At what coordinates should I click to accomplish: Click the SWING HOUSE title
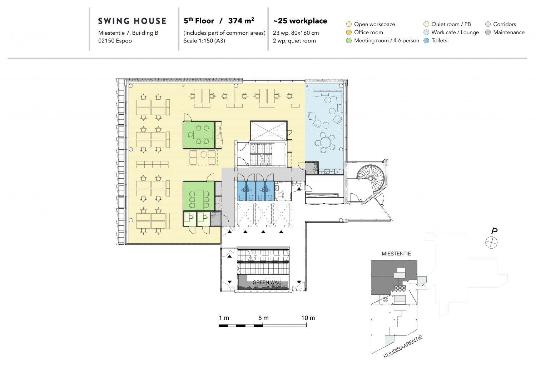pyautogui.click(x=132, y=21)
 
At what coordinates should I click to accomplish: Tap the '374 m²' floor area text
pyautogui.click(x=241, y=21)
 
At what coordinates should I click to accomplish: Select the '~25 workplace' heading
pyautogui.click(x=300, y=21)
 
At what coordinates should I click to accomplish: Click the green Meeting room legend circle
pyautogui.click(x=349, y=41)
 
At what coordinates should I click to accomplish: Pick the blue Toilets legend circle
pyautogui.click(x=426, y=41)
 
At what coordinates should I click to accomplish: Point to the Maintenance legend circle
pyautogui.click(x=488, y=32)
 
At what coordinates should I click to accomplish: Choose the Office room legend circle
pyautogui.click(x=349, y=32)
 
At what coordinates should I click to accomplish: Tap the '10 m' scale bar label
pyautogui.click(x=308, y=318)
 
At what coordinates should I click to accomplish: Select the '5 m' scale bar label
pyautogui.click(x=263, y=318)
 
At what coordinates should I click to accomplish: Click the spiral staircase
pyautogui.click(x=371, y=178)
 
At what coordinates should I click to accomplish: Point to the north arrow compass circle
pyautogui.click(x=491, y=243)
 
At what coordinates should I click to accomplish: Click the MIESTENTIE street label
pyautogui.click(x=396, y=254)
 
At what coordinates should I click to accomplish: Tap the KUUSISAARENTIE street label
pyautogui.click(x=403, y=347)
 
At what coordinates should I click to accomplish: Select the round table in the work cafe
pyautogui.click(x=325, y=143)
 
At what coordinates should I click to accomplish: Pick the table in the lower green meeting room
pyautogui.click(x=199, y=199)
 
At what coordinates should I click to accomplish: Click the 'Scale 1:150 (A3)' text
pyautogui.click(x=204, y=41)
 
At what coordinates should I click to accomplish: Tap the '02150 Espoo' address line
pyautogui.click(x=115, y=41)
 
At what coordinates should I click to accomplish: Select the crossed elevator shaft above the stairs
pyautogui.click(x=268, y=131)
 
